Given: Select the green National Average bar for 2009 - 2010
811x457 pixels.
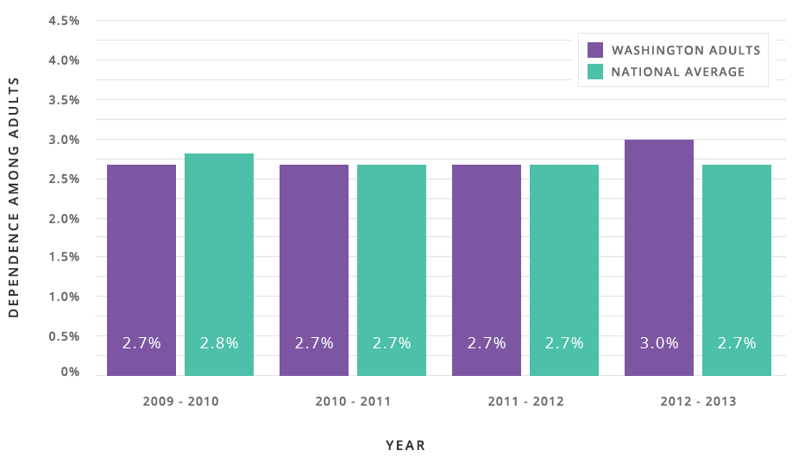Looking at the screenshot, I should (219, 264).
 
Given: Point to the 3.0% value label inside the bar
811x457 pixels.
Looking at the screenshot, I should (659, 342).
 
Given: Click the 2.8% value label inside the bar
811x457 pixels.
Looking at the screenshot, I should (219, 342).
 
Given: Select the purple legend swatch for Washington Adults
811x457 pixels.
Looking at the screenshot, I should (594, 50).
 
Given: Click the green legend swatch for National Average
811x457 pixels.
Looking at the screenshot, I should (594, 72).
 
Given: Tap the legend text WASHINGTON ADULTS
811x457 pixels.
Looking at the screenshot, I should (685, 50).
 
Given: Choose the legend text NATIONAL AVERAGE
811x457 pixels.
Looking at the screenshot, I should (677, 72).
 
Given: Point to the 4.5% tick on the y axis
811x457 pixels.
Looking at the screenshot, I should (63, 21).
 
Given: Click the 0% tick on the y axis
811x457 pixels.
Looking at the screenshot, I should (70, 372).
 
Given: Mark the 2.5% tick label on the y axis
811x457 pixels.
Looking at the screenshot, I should (63, 178).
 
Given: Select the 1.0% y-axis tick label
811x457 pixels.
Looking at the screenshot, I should (63, 297).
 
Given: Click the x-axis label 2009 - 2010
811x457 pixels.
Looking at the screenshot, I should (180, 402).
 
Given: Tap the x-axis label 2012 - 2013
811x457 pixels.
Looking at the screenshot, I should (698, 402).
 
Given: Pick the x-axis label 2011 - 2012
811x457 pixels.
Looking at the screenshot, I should (525, 402).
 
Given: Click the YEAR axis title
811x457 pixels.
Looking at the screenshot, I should (405, 445).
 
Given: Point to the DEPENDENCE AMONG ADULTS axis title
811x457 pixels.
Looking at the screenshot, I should (14, 197).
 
